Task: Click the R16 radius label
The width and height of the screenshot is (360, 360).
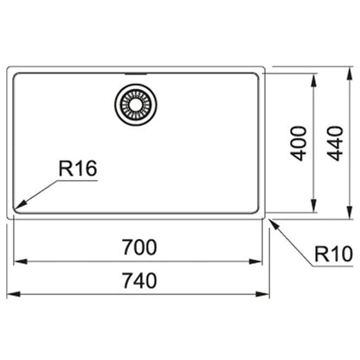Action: [78, 169]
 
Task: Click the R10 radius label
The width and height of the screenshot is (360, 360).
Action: [333, 254]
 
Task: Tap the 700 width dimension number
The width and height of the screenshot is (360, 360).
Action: [139, 247]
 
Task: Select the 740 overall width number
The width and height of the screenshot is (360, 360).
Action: [139, 280]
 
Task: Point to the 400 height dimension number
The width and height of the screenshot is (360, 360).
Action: [299, 144]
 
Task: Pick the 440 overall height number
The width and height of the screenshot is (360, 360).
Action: [336, 144]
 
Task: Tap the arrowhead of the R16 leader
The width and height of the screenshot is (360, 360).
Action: [20, 205]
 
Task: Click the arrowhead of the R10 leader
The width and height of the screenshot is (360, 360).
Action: [274, 224]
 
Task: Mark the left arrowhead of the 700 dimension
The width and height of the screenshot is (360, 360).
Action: [20, 261]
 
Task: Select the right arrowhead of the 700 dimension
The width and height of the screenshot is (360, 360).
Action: [256, 261]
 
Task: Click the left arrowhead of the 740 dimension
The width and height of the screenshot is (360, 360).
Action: [13, 294]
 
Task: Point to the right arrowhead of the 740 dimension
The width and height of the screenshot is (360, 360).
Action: [263, 294]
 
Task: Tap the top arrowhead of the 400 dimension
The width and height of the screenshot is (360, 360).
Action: [313, 80]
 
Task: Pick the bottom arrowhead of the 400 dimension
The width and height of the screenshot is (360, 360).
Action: [313, 206]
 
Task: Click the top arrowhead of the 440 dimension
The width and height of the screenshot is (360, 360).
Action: [350, 74]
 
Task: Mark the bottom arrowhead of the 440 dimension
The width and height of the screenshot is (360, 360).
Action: [350, 213]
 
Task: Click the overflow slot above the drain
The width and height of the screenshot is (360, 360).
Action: [136, 74]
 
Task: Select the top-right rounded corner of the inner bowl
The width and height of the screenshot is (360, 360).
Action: [256, 75]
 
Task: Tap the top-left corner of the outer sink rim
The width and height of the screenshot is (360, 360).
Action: [8, 68]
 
